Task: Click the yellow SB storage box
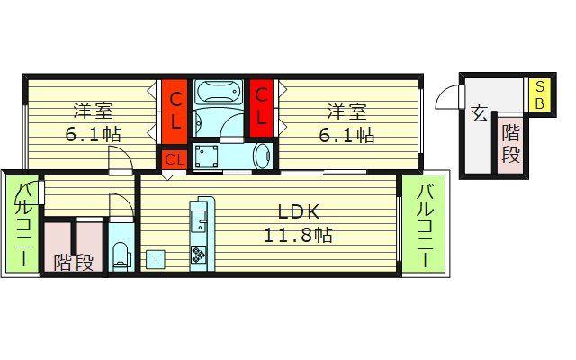point(539,95)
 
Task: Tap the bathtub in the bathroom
point(219,93)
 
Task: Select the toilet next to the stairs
point(121,256)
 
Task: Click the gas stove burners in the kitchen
point(199,255)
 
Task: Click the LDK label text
point(298,212)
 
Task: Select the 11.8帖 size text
point(298,236)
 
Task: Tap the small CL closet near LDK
point(175,159)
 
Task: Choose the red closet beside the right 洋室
point(261,108)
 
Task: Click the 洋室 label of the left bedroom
point(94,111)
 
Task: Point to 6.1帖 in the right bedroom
point(346,136)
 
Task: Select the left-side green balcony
point(22,223)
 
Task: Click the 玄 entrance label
point(479,114)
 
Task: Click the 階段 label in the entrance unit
point(511,144)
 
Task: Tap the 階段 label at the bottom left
point(74,262)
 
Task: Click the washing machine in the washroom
point(206,157)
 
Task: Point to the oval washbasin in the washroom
point(263,156)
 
